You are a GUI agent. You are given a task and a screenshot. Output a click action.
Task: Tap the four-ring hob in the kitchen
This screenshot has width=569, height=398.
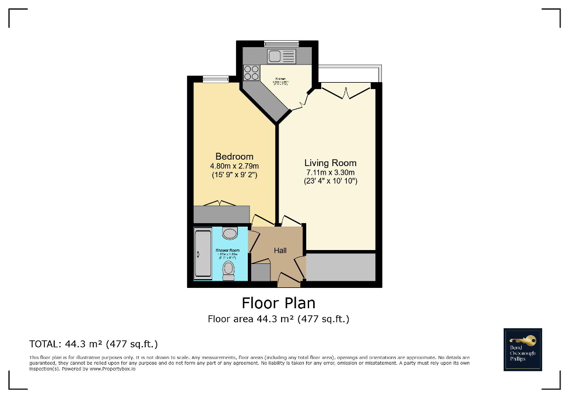[251, 72]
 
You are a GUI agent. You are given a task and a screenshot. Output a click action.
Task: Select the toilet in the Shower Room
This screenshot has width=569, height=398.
[229, 270]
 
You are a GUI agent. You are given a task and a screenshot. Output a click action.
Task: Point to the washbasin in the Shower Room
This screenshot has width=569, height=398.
[230, 234]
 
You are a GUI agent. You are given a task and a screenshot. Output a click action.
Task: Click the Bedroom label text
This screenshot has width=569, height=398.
[234, 156]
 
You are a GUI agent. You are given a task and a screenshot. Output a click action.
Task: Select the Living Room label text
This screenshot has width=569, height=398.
[331, 163]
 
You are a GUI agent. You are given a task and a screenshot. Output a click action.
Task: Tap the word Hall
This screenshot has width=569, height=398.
[280, 251]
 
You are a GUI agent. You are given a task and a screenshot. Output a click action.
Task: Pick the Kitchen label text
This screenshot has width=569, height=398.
[281, 78]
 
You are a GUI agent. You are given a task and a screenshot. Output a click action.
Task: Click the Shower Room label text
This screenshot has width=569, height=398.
[227, 250]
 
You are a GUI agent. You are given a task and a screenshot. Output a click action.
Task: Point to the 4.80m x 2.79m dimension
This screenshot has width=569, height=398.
[234, 165]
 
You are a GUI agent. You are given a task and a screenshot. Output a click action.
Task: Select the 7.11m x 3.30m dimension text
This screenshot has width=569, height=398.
[331, 172]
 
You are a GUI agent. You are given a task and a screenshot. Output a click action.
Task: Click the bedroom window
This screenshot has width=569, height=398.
[212, 79]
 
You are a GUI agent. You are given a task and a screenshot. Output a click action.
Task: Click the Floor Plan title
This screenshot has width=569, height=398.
[278, 303]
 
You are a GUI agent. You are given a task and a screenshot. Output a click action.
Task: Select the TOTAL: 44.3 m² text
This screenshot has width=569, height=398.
[93, 344]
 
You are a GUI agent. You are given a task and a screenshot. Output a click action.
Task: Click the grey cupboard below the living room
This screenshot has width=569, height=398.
[340, 267]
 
